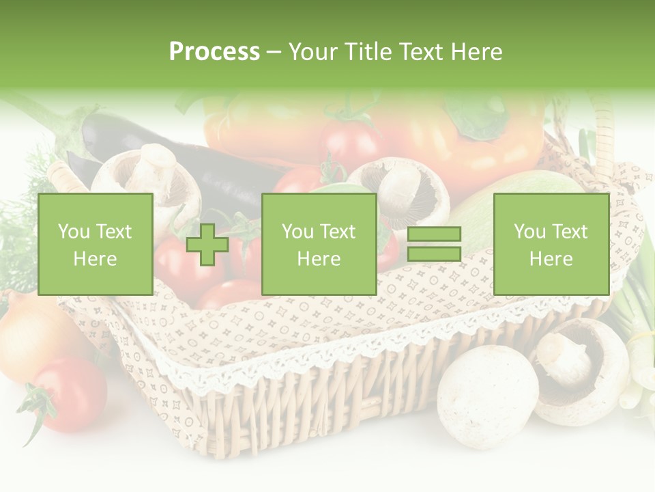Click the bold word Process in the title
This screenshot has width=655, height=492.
[x=214, y=52]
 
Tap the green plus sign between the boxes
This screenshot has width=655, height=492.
[x=207, y=245]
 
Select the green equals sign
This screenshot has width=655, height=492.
[x=434, y=244]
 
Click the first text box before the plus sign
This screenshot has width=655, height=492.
[x=96, y=244]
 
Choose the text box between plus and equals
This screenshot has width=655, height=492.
[x=319, y=244]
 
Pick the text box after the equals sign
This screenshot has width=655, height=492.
[x=551, y=244]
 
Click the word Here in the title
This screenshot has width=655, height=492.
[x=476, y=52]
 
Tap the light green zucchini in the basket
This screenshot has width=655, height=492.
[x=525, y=188]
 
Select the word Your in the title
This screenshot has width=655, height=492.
[x=314, y=52]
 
